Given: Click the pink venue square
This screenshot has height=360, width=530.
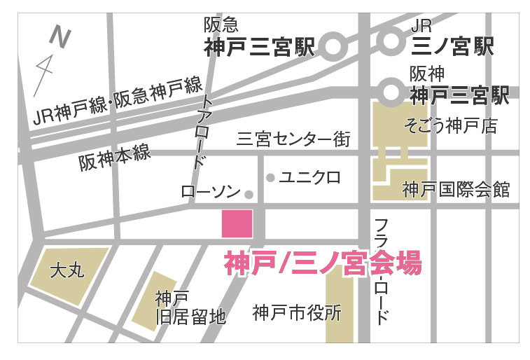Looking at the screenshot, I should (237, 223).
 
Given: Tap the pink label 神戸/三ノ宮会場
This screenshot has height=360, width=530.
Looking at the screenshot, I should (323, 265).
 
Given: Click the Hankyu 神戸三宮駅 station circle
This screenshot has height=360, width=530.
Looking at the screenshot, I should (333, 48).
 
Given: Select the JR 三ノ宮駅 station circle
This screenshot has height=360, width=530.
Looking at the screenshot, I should (391, 41).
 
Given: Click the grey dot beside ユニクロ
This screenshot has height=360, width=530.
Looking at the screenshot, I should (270, 178).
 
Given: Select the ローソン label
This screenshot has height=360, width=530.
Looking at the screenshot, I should (211, 192).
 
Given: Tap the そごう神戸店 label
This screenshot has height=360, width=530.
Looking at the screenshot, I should (451, 126).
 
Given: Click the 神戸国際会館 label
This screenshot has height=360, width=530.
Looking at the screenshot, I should (456, 189).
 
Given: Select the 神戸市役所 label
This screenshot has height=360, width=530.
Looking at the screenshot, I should (297, 312).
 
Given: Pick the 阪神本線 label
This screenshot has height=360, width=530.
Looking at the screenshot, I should (115, 158).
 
